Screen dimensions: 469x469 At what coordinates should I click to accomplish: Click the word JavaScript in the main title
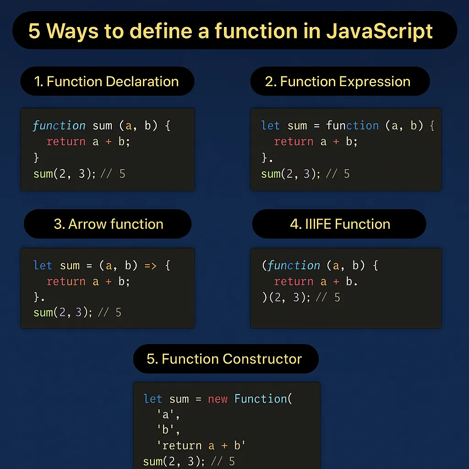coord(380,31)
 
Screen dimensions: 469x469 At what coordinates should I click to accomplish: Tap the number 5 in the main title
coord(34,31)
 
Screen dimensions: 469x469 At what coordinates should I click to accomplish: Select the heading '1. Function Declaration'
coord(106,82)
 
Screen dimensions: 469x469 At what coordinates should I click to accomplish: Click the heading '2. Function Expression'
coord(338,82)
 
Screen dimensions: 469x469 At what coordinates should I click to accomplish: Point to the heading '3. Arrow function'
coord(109,224)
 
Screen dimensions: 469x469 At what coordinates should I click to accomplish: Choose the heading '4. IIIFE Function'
coord(340,224)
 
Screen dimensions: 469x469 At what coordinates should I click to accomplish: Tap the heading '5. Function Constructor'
coord(224,359)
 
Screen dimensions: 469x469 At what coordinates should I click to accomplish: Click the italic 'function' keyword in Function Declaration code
coord(59,125)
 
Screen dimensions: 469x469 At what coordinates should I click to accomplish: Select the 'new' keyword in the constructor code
coord(218,399)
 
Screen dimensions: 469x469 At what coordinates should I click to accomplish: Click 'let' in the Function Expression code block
coord(270,125)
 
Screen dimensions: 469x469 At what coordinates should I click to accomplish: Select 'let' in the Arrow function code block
coord(43,266)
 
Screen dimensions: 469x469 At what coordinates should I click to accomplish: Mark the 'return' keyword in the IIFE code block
coord(294,281)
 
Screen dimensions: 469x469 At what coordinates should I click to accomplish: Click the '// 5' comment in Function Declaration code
coord(113,174)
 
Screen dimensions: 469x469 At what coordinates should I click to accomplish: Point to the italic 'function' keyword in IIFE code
coord(294,266)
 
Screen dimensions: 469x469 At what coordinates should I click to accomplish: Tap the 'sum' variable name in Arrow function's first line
coord(70,266)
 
